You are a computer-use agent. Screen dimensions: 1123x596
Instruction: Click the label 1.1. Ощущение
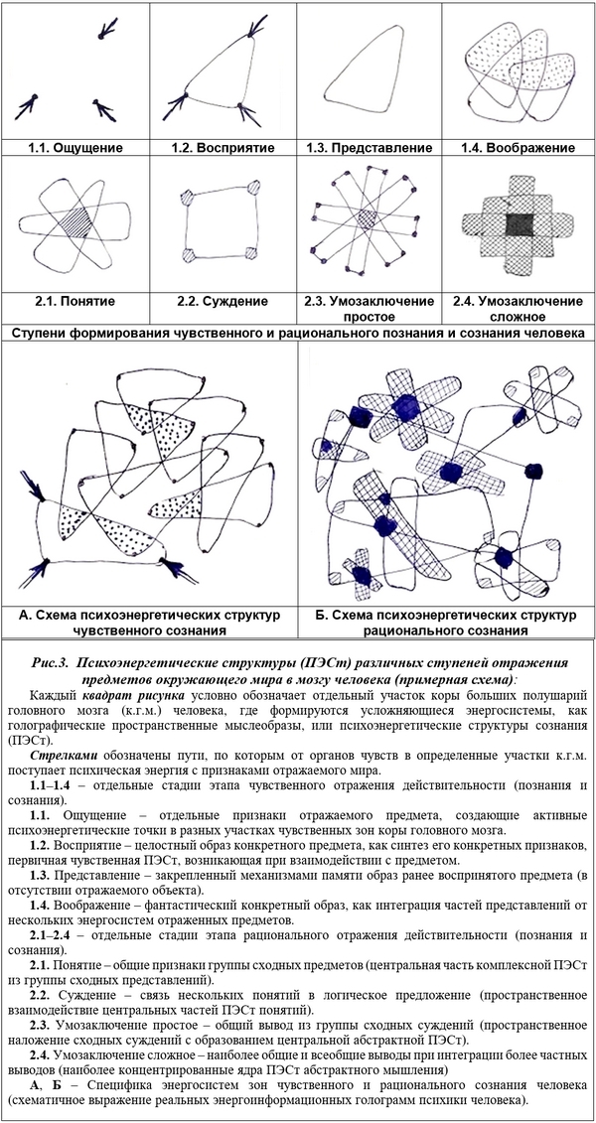74,147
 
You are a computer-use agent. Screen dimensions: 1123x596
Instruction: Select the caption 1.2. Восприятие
223,147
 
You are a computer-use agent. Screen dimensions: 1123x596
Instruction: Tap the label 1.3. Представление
370,147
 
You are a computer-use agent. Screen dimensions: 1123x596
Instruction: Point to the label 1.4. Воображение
518,147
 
